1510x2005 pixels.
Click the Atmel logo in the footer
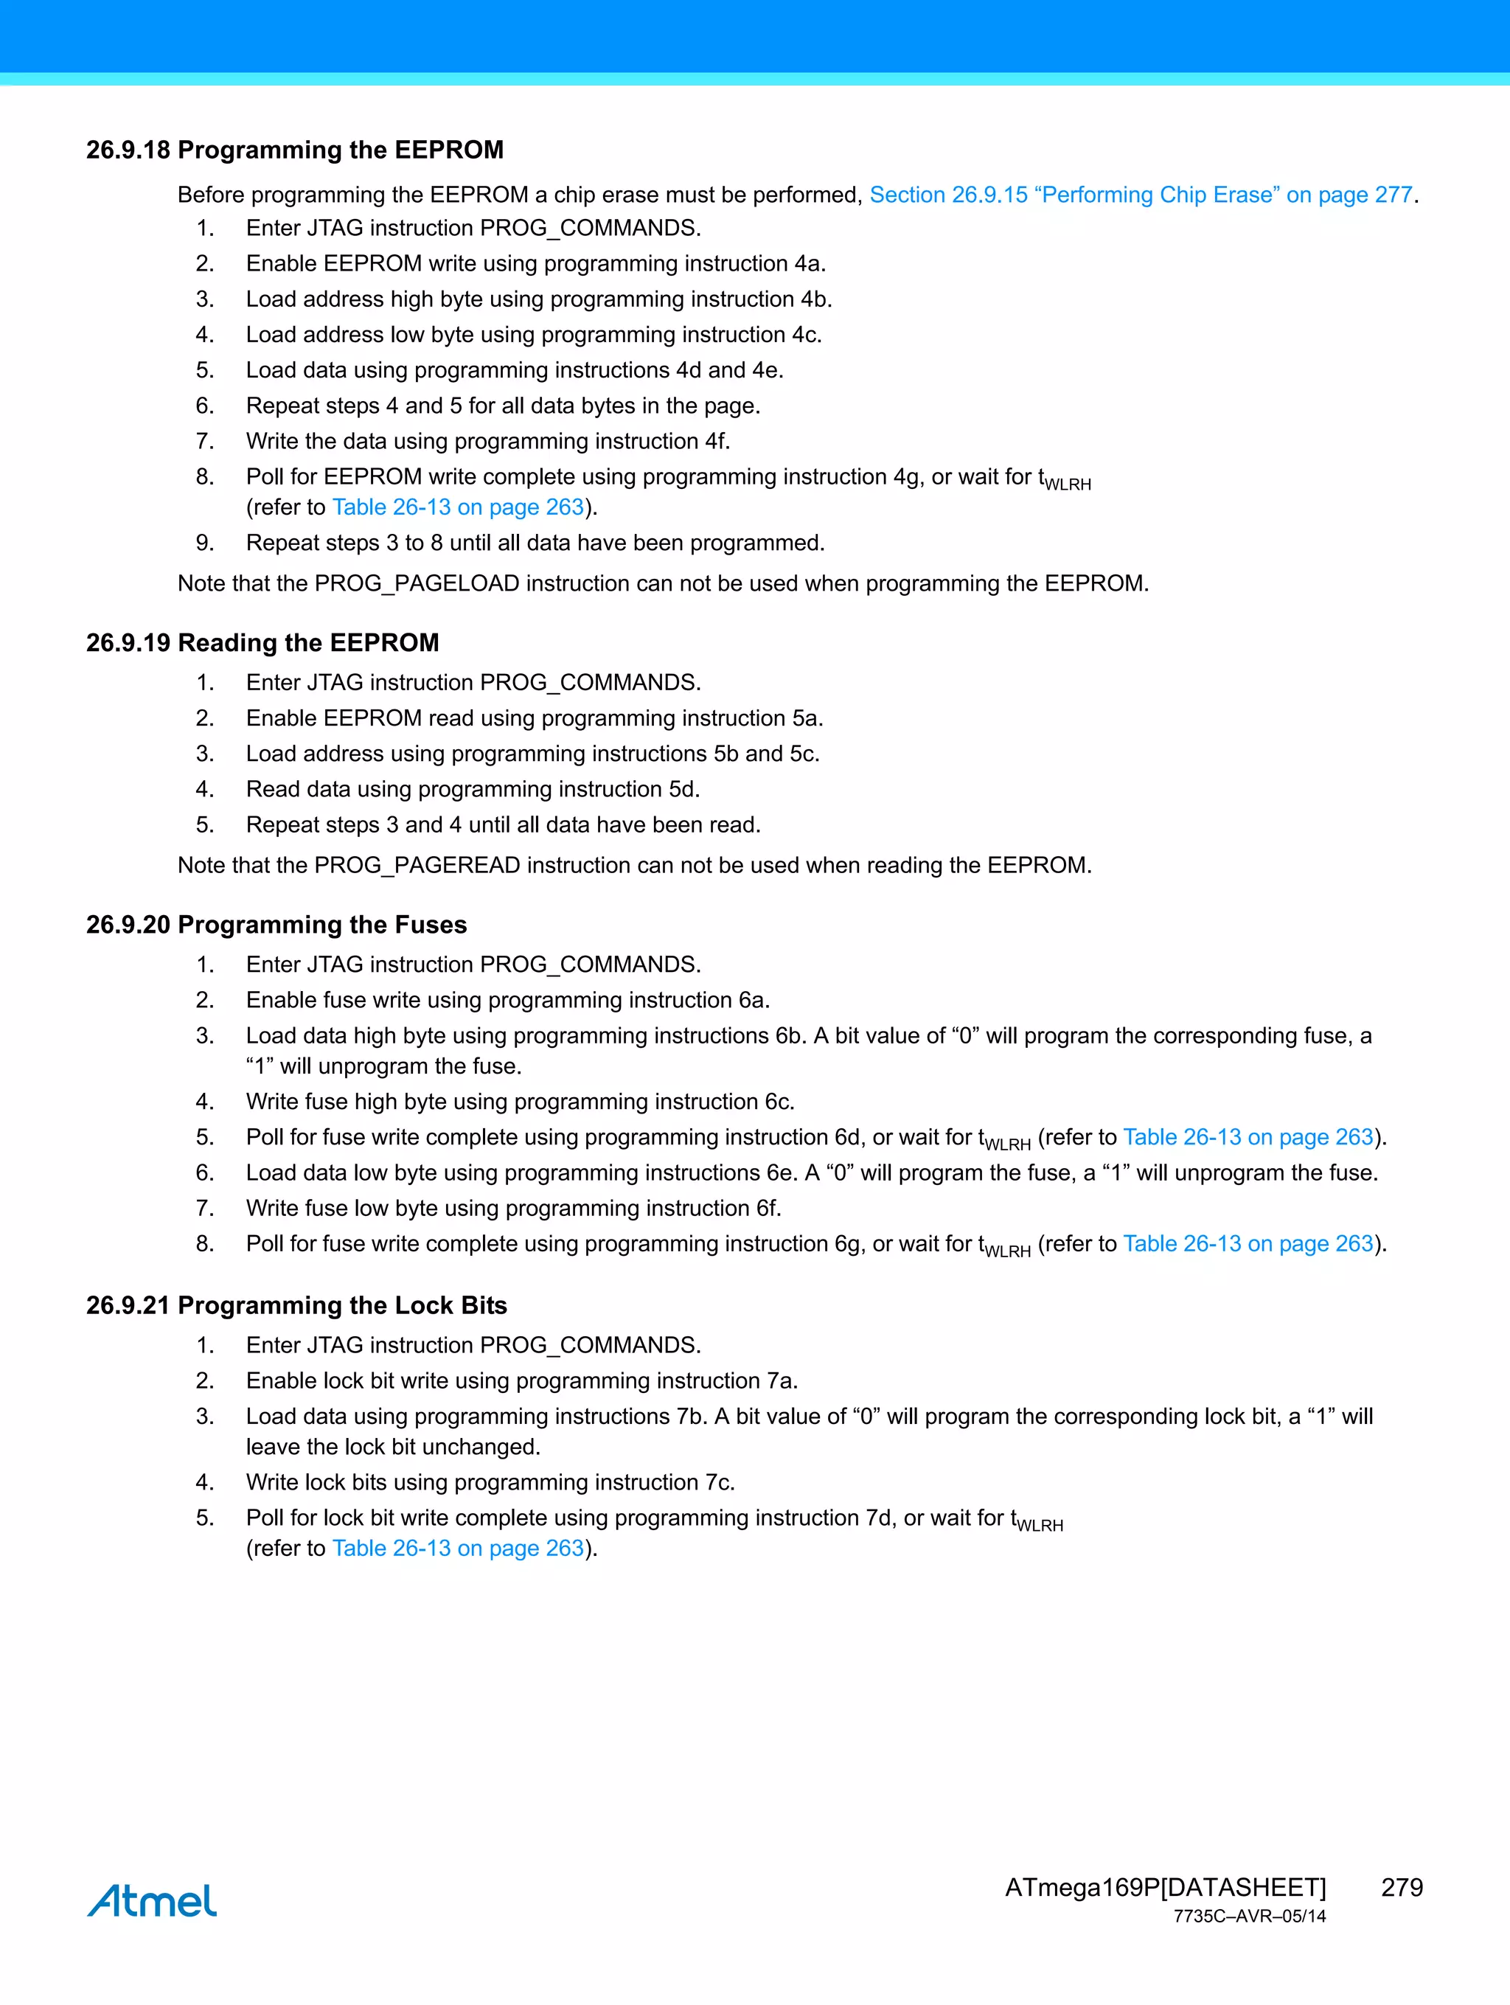pyautogui.click(x=151, y=1901)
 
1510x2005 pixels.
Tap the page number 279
pyautogui.click(x=1401, y=1887)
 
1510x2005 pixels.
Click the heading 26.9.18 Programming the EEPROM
pyautogui.click(x=295, y=150)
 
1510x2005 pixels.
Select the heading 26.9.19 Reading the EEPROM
pyautogui.click(x=262, y=643)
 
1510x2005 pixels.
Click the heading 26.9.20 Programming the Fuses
pyautogui.click(x=276, y=925)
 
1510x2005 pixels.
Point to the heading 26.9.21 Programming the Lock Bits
pyautogui.click(x=296, y=1305)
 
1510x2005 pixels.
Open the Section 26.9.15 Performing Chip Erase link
pyautogui.click(x=1140, y=195)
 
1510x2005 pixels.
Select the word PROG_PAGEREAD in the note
pyautogui.click(x=417, y=865)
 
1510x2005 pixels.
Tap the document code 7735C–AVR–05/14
pyautogui.click(x=1249, y=1917)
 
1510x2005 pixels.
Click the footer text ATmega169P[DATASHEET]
pyautogui.click(x=1165, y=1887)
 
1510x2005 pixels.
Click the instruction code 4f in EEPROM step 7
pyautogui.click(x=715, y=442)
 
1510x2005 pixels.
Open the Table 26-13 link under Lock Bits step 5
pyautogui.click(x=458, y=1548)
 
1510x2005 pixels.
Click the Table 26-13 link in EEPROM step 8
pyautogui.click(x=458, y=507)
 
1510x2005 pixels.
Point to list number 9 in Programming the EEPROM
pyautogui.click(x=205, y=543)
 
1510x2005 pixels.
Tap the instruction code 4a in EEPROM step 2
pyautogui.click(x=809, y=264)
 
